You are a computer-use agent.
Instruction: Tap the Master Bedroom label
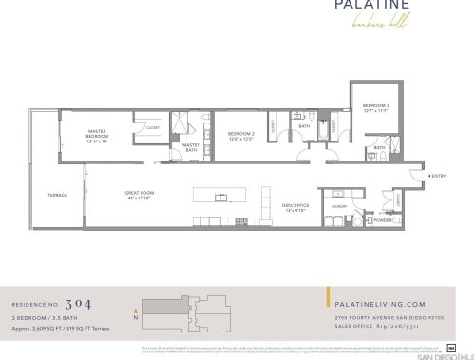97,135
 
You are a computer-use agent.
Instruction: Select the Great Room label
140,195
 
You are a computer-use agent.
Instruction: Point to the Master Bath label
190,146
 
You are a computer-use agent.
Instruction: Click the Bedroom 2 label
241,135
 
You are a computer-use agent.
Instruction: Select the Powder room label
384,219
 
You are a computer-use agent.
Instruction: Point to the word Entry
438,176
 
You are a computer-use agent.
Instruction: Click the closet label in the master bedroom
152,127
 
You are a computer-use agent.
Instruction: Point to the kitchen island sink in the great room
221,197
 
